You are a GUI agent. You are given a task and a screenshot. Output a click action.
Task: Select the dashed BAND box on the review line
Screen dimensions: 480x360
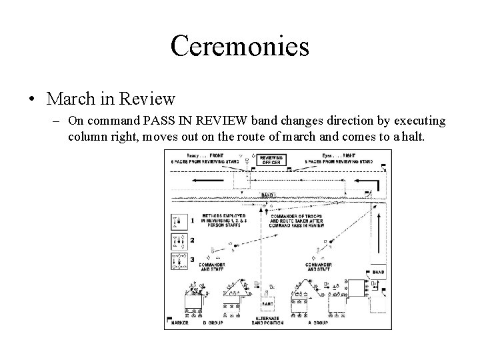point(267,195)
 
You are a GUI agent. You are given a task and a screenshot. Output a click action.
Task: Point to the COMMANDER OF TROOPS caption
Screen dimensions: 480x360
point(295,221)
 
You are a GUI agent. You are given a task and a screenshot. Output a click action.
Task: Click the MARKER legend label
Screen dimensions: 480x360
point(180,322)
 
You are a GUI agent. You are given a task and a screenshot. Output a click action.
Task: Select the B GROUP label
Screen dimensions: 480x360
point(213,322)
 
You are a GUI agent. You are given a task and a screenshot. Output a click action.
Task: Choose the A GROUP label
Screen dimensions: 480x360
point(319,322)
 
